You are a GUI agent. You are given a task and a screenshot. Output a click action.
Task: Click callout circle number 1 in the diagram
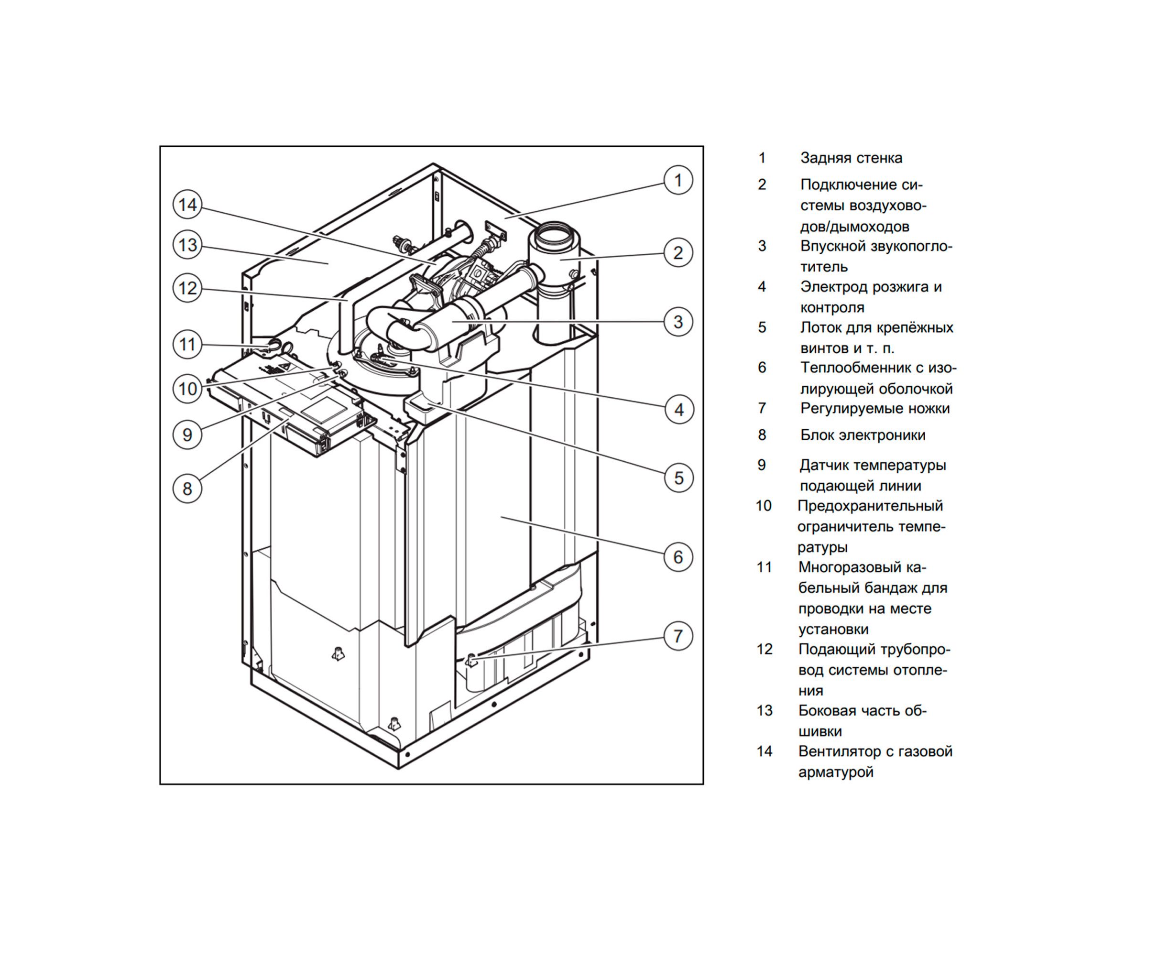[x=677, y=180]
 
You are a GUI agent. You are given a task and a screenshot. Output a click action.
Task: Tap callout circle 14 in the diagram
[x=187, y=205]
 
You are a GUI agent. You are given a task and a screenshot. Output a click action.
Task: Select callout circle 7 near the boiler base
[x=677, y=636]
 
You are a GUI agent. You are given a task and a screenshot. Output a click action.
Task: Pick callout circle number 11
[x=187, y=345]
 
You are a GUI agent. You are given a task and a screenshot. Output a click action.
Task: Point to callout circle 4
[x=679, y=410]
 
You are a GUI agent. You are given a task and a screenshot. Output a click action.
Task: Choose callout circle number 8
[x=187, y=489]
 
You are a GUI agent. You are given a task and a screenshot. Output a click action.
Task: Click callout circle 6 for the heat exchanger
[x=677, y=557]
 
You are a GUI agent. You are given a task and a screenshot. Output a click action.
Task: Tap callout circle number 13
[x=187, y=245]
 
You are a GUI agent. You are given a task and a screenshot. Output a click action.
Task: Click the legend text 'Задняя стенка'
[x=851, y=158]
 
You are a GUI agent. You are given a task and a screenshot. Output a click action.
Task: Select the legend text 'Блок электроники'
[x=863, y=435]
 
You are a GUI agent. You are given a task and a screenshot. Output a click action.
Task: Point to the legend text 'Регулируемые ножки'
[x=875, y=409]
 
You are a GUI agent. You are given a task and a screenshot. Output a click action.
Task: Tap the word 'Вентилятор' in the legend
[x=841, y=751]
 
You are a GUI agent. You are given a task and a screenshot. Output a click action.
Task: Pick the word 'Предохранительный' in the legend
[x=870, y=506]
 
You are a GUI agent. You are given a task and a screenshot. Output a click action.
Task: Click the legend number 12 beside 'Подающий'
[x=765, y=649]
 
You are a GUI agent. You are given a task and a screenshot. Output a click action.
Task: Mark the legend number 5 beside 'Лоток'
[x=762, y=327]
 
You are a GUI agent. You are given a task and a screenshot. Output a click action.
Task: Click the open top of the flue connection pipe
[x=554, y=231]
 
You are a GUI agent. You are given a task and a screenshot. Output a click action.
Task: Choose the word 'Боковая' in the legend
[x=828, y=710]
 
